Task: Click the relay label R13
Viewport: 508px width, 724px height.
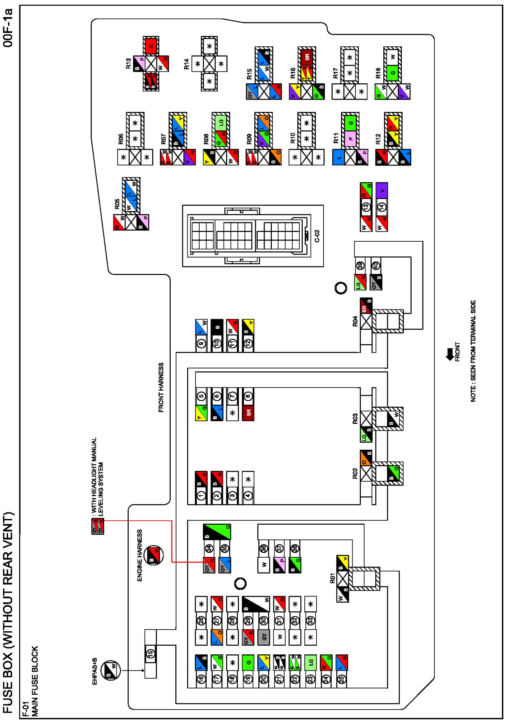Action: [x=128, y=64]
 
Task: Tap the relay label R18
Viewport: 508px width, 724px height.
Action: [x=378, y=73]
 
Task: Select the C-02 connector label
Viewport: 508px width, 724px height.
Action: [x=317, y=236]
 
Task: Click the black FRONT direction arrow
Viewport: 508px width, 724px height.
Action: [x=450, y=354]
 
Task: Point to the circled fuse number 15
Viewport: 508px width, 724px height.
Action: [x=151, y=653]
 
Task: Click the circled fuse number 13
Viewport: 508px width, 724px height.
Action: [x=366, y=207]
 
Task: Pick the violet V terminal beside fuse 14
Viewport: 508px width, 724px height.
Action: [x=382, y=190]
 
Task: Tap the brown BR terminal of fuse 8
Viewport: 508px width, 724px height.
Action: [x=248, y=412]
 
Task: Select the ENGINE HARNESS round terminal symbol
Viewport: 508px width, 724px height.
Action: [x=154, y=555]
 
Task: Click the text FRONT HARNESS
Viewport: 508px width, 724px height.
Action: [x=161, y=387]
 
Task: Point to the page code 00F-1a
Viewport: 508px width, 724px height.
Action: [x=8, y=28]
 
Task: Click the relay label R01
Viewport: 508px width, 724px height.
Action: [x=332, y=578]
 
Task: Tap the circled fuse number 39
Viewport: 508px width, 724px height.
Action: [x=360, y=266]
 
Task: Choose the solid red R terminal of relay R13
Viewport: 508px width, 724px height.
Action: [x=151, y=46]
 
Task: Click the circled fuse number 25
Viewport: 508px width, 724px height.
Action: [x=341, y=679]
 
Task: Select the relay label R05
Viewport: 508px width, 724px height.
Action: [x=117, y=204]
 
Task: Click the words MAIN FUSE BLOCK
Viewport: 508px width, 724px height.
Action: [x=35, y=681]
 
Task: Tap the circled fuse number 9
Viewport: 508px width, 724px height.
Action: [x=201, y=343]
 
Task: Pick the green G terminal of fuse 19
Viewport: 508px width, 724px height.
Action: [x=248, y=663]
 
